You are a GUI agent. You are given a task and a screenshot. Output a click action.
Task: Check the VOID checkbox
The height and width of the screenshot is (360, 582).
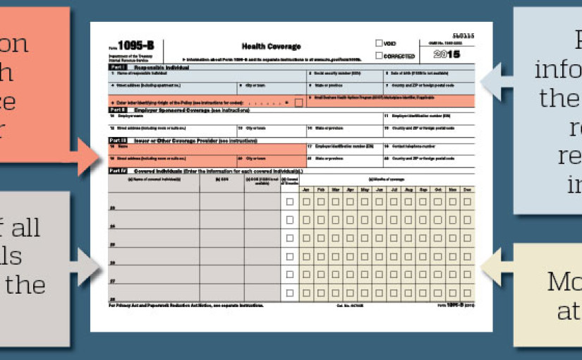click(x=380, y=44)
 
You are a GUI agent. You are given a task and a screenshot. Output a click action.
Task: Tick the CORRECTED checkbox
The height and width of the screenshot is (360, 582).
click(x=380, y=55)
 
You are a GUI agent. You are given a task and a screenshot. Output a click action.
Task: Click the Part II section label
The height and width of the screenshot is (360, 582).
click(x=117, y=110)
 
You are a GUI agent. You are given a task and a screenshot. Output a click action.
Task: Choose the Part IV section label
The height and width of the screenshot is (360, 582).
click(x=117, y=171)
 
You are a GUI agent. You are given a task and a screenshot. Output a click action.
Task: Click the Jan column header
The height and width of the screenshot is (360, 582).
click(x=306, y=190)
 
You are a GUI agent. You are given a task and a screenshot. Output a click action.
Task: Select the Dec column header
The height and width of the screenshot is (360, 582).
click(x=466, y=190)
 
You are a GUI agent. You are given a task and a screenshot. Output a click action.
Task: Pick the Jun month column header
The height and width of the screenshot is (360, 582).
click(x=379, y=190)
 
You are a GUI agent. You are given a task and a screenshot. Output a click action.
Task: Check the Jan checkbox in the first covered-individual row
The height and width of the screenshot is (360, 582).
click(x=306, y=202)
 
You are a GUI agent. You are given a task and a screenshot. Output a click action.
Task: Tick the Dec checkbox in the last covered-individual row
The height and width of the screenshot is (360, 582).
click(x=466, y=292)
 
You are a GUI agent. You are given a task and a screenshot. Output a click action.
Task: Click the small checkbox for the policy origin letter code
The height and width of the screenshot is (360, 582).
click(x=299, y=102)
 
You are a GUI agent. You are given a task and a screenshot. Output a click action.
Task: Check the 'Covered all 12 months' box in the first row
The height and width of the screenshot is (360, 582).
click(x=290, y=202)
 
